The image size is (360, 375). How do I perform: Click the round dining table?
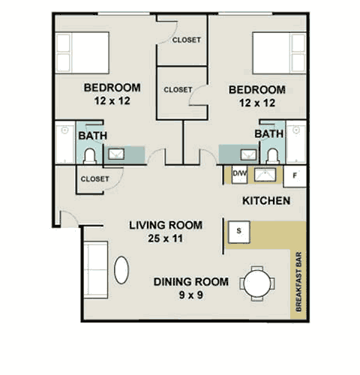(x=257, y=283)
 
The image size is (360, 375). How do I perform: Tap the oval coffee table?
(x=121, y=270)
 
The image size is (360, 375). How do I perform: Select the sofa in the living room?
(x=96, y=270)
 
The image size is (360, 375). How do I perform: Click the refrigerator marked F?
(x=295, y=176)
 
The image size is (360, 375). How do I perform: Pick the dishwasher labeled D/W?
(x=239, y=174)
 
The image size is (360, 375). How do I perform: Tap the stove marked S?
(x=239, y=232)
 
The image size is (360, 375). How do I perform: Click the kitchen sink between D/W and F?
(x=265, y=174)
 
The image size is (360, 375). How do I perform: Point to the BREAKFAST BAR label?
(x=298, y=282)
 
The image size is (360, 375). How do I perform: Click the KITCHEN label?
(x=266, y=201)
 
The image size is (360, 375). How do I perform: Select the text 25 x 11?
(x=165, y=238)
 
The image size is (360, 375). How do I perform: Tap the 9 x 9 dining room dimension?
(x=191, y=295)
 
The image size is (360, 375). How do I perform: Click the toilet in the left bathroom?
(x=89, y=156)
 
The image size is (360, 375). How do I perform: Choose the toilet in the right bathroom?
(x=273, y=156)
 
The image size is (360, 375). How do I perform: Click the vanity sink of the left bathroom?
(x=116, y=154)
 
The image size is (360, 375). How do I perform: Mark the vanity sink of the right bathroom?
(x=248, y=155)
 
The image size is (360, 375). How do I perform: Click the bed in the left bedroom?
(x=82, y=52)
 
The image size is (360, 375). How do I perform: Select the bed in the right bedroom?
(x=280, y=53)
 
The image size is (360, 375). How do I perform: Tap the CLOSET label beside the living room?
(x=95, y=179)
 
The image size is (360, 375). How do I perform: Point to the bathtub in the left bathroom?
(x=65, y=142)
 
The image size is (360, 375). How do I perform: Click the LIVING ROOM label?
(x=166, y=225)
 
